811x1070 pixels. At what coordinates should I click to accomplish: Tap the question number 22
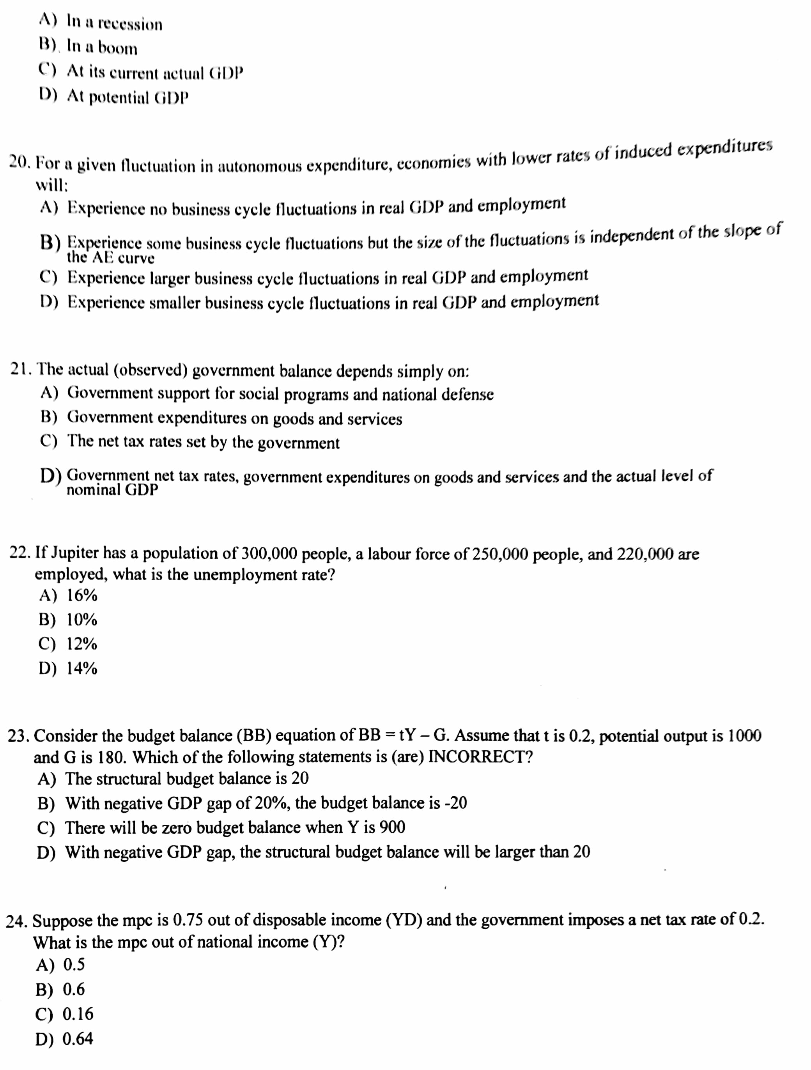tap(20, 553)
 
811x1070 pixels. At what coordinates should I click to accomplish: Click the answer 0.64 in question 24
tap(78, 1038)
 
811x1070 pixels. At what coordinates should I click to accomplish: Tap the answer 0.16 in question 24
tap(78, 1014)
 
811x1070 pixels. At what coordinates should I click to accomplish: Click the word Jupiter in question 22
tap(74, 553)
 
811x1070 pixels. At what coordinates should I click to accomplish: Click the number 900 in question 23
tap(392, 828)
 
